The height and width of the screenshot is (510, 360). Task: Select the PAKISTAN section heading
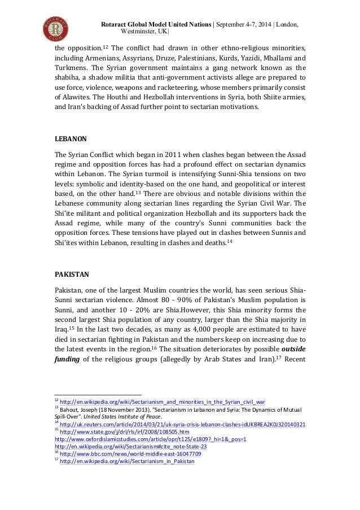(72, 275)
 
